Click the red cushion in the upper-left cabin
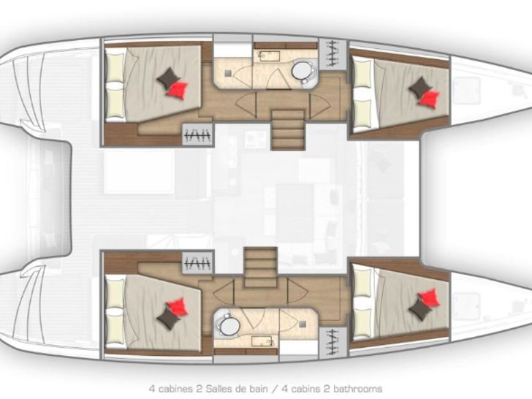[177, 90]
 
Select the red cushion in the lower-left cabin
[177, 307]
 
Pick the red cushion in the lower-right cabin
[429, 297]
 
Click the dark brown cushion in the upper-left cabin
[167, 77]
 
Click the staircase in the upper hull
[287, 129]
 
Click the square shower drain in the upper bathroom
[229, 72]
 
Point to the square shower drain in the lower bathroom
[302, 324]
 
